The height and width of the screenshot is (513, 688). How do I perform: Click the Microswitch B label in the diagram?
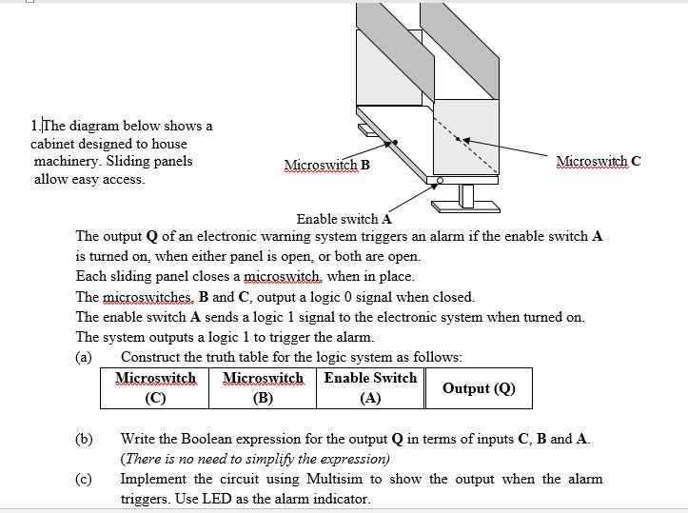[x=326, y=165]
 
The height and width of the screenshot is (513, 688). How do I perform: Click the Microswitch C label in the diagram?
[x=599, y=161]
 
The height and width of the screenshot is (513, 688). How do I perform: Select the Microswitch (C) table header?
[x=155, y=387]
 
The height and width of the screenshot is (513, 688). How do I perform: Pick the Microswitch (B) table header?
[x=263, y=387]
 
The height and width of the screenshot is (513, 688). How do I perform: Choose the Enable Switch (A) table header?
[x=370, y=387]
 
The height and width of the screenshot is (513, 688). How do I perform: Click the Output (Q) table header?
[x=479, y=387]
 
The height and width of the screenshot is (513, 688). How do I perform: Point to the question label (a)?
[x=84, y=357]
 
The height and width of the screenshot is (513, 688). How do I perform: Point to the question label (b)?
[x=85, y=439]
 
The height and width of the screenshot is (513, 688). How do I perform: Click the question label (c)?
[x=84, y=479]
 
